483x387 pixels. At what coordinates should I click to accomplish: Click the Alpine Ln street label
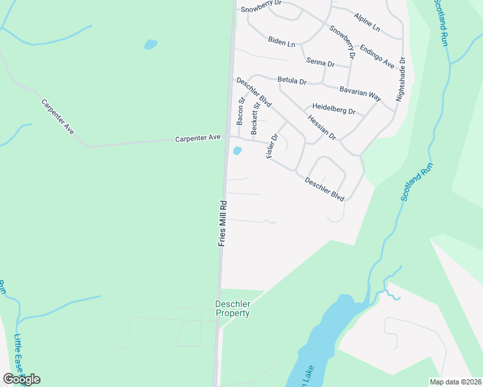(367, 22)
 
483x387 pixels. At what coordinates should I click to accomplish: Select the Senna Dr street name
(320, 63)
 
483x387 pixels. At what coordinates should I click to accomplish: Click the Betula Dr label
(291, 81)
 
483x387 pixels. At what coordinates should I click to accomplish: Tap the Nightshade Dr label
(401, 79)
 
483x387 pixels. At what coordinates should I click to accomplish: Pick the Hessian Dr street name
(322, 128)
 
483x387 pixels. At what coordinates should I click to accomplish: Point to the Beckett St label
(256, 118)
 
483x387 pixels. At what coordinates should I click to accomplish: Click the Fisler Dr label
(272, 146)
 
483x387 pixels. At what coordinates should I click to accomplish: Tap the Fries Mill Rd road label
(223, 223)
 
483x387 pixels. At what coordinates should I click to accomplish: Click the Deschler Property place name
(232, 308)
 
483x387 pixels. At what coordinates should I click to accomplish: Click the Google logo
(21, 379)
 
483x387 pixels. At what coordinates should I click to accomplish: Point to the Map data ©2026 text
(455, 382)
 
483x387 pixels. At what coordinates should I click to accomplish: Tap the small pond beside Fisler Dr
(238, 151)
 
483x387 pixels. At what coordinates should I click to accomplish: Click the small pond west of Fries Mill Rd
(150, 45)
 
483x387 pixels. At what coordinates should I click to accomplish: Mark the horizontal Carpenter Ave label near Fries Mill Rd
(198, 138)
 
